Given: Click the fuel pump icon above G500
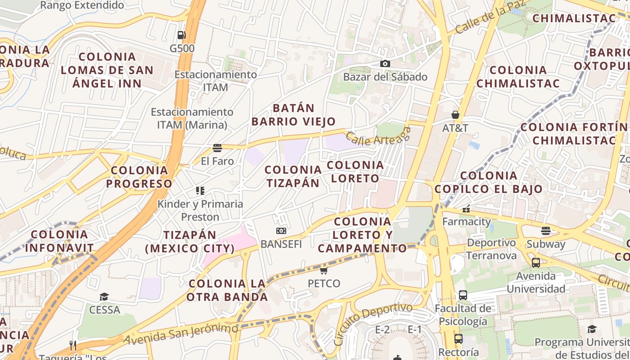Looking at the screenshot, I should pyautogui.click(x=181, y=35).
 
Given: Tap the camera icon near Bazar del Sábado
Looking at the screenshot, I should pyautogui.click(x=385, y=63).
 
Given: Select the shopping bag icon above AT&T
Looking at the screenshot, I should pyautogui.click(x=455, y=115).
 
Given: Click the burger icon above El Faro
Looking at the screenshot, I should pyautogui.click(x=217, y=148).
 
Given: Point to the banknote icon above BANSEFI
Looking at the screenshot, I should pyautogui.click(x=281, y=231).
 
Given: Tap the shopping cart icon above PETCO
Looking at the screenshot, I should pyautogui.click(x=324, y=270).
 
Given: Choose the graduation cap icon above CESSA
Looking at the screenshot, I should pyautogui.click(x=104, y=297).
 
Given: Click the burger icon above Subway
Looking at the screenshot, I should pyautogui.click(x=546, y=231).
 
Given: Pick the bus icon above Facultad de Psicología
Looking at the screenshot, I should pyautogui.click(x=463, y=295).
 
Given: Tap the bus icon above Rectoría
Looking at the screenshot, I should pyautogui.click(x=458, y=338).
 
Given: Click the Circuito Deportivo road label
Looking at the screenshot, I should pyautogui.click(x=373, y=323).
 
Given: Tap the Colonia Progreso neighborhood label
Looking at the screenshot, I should pyautogui.click(x=139, y=177).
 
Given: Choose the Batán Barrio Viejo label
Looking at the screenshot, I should pyautogui.click(x=293, y=115).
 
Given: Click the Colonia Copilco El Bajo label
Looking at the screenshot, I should pyautogui.click(x=489, y=182).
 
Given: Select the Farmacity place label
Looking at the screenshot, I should pyautogui.click(x=466, y=221).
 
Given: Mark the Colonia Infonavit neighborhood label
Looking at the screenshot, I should pyautogui.click(x=59, y=241).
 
